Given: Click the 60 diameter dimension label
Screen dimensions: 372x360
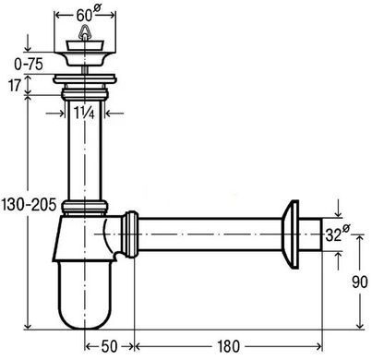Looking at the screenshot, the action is (89, 14).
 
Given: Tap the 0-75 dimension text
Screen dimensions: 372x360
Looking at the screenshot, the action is (29, 65).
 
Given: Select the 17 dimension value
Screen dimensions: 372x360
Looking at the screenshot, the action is (14, 85).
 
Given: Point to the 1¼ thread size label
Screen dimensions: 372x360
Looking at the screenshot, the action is (84, 114).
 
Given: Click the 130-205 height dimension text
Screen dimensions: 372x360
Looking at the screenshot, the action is (29, 204).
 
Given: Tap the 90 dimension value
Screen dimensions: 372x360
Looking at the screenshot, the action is (359, 282).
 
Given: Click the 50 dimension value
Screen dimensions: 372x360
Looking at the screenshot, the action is (109, 346).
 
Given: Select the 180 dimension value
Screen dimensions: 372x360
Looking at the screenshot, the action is (228, 346).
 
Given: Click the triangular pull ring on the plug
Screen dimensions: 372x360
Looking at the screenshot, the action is (85, 30).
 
